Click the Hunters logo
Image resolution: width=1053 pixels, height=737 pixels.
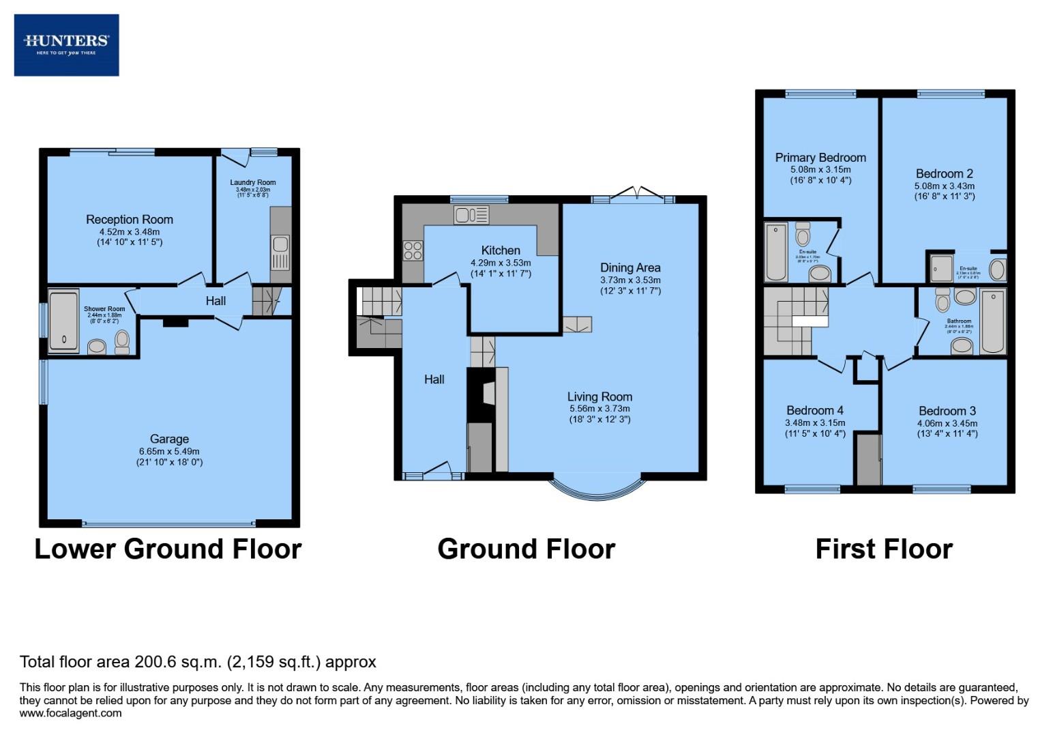tap(66, 44)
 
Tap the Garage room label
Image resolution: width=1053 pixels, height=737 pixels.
tap(169, 439)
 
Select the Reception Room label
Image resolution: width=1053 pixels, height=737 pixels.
tap(129, 219)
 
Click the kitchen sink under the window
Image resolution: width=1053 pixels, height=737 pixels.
tap(471, 215)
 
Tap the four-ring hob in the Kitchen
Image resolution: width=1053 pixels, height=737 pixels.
tap(413, 250)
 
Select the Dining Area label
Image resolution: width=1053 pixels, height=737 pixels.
tap(629, 268)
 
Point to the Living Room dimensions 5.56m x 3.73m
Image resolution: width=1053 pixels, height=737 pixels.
tap(599, 409)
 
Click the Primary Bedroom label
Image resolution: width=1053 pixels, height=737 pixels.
tap(820, 158)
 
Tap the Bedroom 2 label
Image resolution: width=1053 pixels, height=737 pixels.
tap(944, 173)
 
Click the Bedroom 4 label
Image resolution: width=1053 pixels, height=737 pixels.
tap(814, 410)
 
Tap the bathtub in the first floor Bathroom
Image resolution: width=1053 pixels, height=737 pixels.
tap(992, 321)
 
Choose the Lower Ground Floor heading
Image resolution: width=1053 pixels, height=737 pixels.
tap(168, 549)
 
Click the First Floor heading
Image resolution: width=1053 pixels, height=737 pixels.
tap(883, 549)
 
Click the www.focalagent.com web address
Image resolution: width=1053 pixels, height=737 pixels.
tap(70, 713)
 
